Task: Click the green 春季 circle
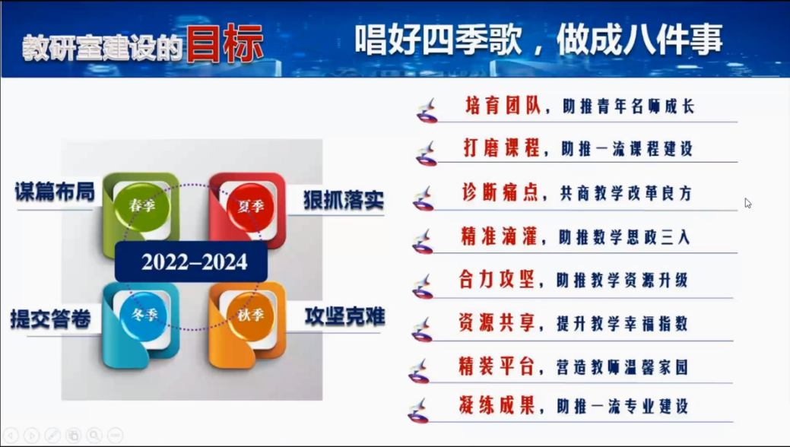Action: pos(141,205)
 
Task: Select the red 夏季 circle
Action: pos(250,205)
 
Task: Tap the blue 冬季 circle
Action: pos(144,315)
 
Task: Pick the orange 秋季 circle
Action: pos(250,315)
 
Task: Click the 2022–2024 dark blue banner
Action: pos(192,262)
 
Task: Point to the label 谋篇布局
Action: pos(55,192)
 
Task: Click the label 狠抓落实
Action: pos(344,200)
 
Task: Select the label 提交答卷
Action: pos(50,319)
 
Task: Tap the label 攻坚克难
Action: pos(345,316)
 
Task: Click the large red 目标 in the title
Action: pos(225,44)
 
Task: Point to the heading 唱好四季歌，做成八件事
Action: pos(538,40)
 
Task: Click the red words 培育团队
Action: pos(503,106)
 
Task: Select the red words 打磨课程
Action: pos(501,148)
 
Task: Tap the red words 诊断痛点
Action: pos(500,192)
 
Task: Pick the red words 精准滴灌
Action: pos(499,236)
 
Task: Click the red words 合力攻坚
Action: pos(497,280)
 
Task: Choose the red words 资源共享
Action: pos(497,323)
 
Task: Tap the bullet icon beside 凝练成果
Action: pos(418,411)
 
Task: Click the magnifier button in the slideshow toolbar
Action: pos(94,435)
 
